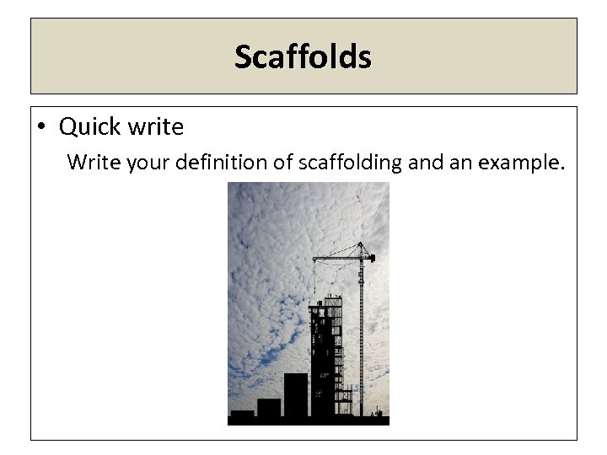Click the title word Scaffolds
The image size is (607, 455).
(303, 57)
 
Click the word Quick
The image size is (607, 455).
(89, 127)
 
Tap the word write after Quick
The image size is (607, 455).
(155, 127)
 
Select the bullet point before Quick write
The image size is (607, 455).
(41, 128)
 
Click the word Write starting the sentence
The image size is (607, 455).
(94, 161)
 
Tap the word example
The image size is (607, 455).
(519, 161)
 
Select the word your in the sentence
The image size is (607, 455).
(149, 161)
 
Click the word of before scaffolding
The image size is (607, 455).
(287, 161)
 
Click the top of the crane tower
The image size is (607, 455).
(364, 245)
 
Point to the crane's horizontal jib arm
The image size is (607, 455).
(337, 256)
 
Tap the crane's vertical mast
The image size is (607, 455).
(363, 337)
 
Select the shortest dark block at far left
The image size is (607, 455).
(242, 415)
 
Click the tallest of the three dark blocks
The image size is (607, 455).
(295, 396)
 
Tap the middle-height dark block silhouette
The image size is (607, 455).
(268, 409)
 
